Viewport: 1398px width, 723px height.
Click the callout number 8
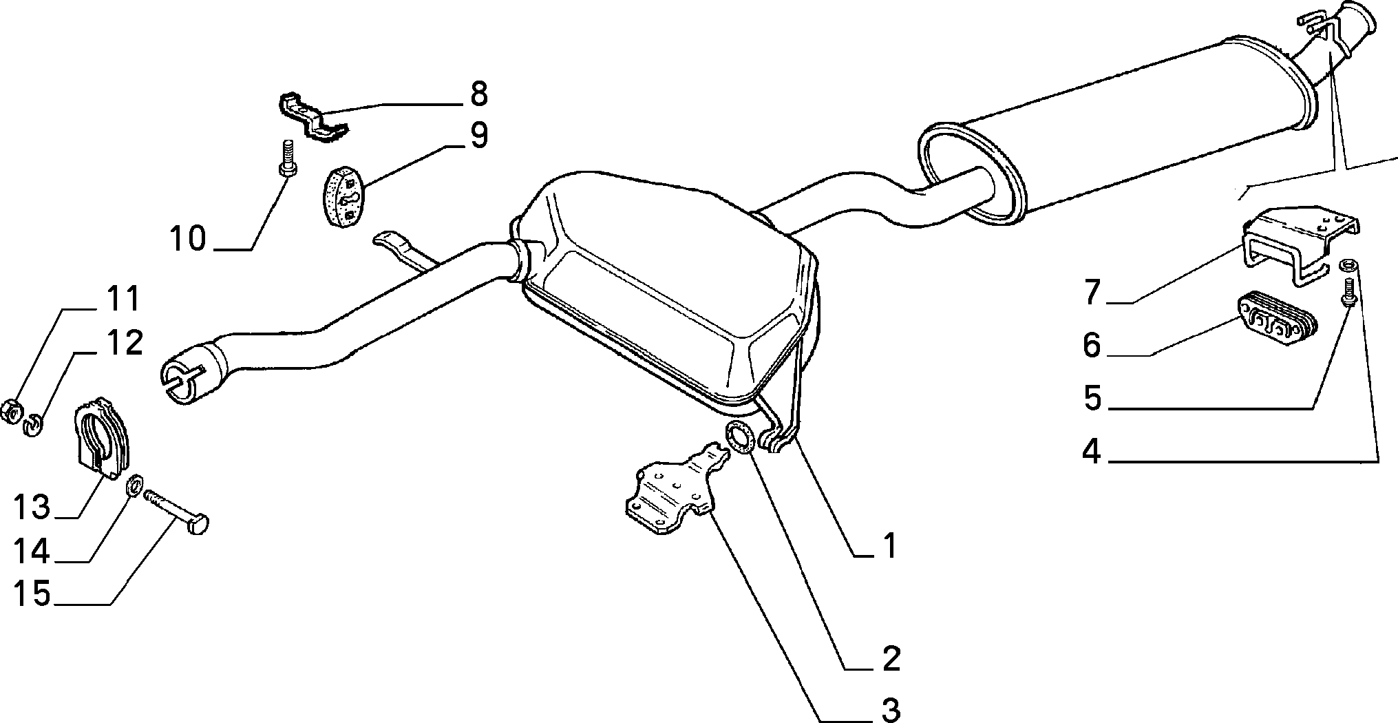click(478, 94)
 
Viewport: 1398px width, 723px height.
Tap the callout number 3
click(891, 709)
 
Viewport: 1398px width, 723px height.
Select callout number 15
click(32, 594)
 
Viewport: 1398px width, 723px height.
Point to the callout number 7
click(1092, 291)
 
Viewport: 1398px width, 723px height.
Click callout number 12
click(124, 342)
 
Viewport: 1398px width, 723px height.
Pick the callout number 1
click(890, 545)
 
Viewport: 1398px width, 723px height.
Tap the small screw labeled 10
click(287, 158)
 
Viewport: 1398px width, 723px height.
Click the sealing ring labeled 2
click(739, 438)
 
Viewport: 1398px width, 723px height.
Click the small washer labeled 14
click(134, 485)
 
